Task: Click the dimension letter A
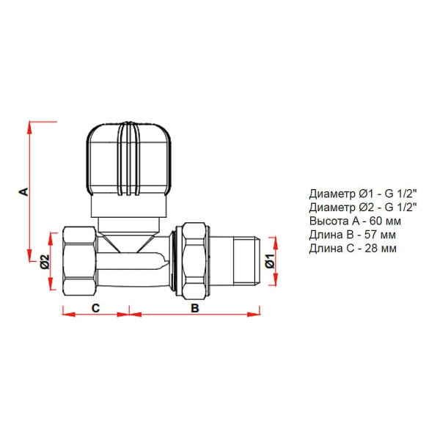[x=23, y=191]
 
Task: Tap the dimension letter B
[x=195, y=308]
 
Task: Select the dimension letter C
[x=95, y=308]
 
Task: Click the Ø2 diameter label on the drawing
[x=44, y=261]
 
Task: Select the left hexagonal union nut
[x=79, y=261]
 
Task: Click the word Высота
[x=328, y=221]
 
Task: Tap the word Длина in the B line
[x=325, y=235]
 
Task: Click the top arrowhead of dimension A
[x=30, y=125]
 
